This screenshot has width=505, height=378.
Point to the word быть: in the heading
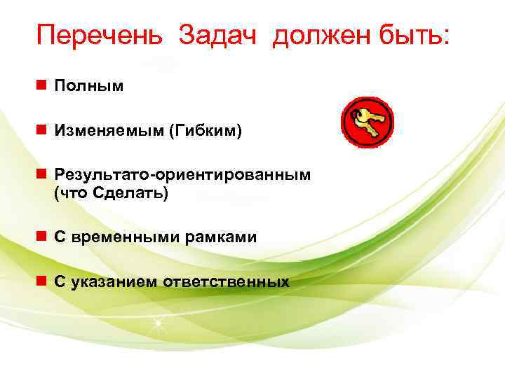413,35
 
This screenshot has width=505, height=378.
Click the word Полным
88,86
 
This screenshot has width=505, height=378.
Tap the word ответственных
227,282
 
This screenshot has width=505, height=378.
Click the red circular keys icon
367,122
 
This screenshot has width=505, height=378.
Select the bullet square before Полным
43,86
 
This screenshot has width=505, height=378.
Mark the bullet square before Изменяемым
43,130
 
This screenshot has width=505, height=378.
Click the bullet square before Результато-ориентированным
43,174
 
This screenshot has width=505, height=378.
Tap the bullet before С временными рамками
43,238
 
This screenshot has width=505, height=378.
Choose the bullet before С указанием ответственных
43,282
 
